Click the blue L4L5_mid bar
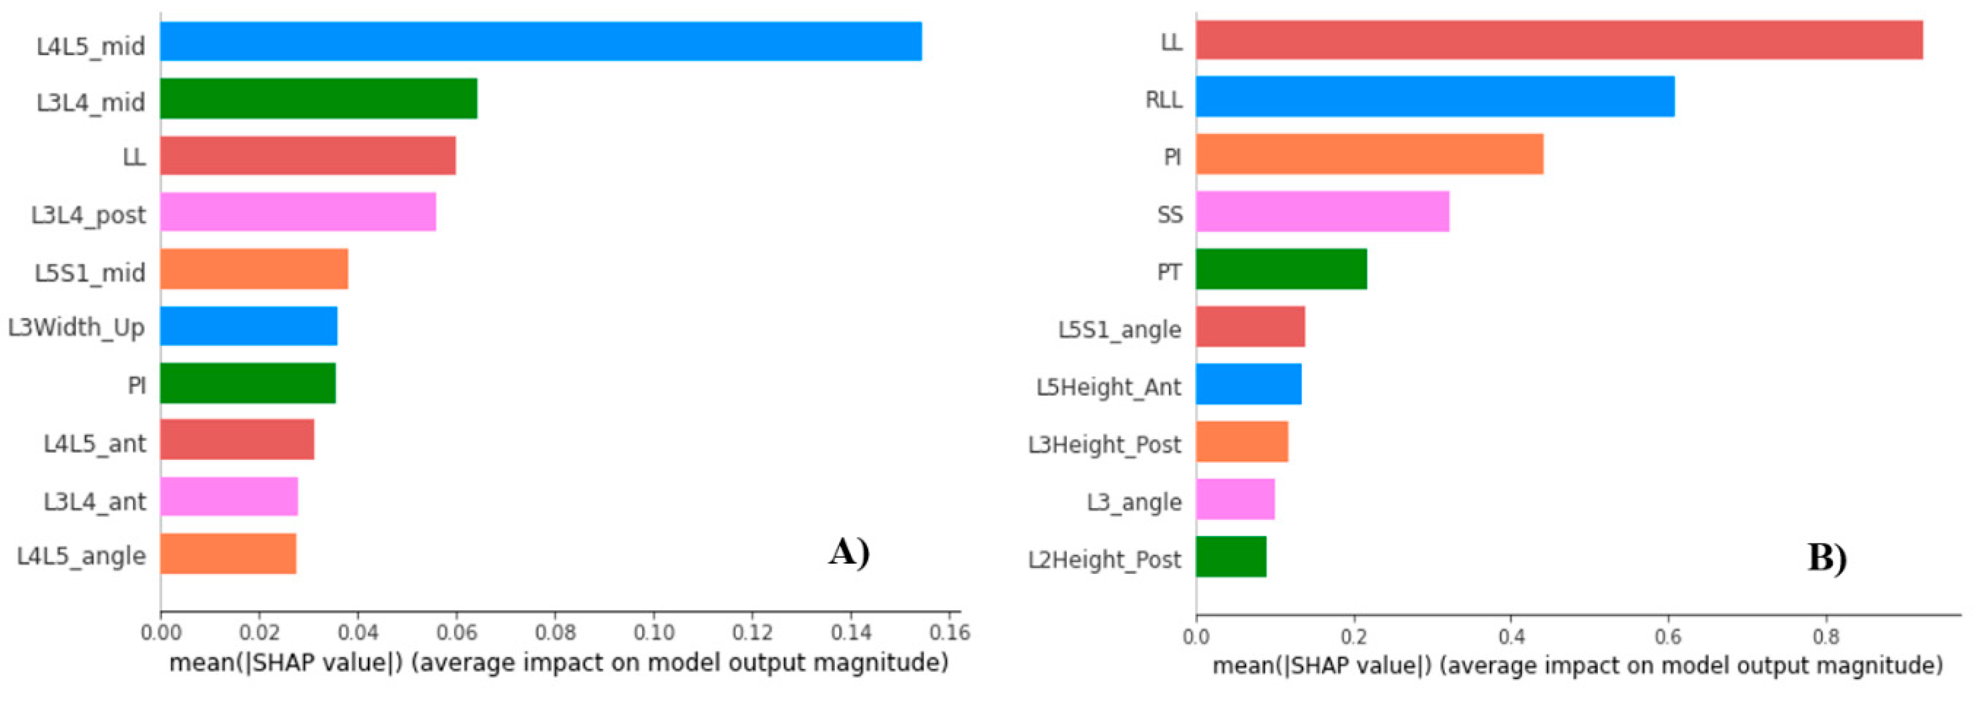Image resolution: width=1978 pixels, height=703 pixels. point(541,41)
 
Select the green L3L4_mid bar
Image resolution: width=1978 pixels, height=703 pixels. point(318,99)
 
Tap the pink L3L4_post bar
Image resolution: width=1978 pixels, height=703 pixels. point(298,211)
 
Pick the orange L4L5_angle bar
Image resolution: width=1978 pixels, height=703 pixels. point(228,554)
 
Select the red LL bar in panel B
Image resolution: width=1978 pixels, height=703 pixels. point(1559,40)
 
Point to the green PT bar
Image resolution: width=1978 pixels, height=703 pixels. point(1281,269)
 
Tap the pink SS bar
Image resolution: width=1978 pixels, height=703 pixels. point(1322,211)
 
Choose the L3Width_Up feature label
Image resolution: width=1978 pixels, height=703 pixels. point(77,327)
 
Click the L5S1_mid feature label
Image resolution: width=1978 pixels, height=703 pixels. point(90,272)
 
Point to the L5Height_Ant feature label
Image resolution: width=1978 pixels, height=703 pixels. point(1108,386)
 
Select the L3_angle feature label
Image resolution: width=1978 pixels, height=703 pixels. point(1134,502)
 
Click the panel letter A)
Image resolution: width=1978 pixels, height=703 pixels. point(849,552)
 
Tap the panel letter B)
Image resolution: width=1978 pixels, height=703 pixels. point(1827,557)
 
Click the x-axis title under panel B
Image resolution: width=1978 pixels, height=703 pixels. point(1577,665)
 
